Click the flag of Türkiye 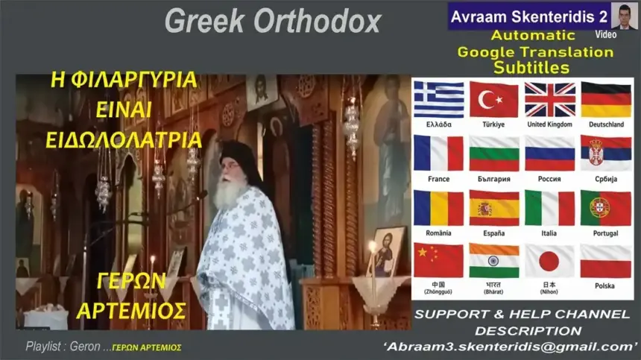(493, 99)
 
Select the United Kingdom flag (549, 99)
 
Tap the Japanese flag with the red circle (549, 262)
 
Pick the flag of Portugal (605, 209)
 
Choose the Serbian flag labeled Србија (605, 154)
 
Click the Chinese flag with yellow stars (438, 261)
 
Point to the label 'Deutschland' (606, 124)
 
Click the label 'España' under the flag (494, 233)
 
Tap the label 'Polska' (604, 285)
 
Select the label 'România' (438, 233)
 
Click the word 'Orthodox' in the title (318, 22)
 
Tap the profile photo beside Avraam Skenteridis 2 (624, 16)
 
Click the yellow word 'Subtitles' (531, 68)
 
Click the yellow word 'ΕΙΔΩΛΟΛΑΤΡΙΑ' (124, 139)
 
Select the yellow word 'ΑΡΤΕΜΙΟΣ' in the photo (131, 311)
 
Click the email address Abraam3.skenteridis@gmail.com (509, 347)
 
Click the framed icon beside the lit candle (386, 251)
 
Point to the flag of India (494, 261)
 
